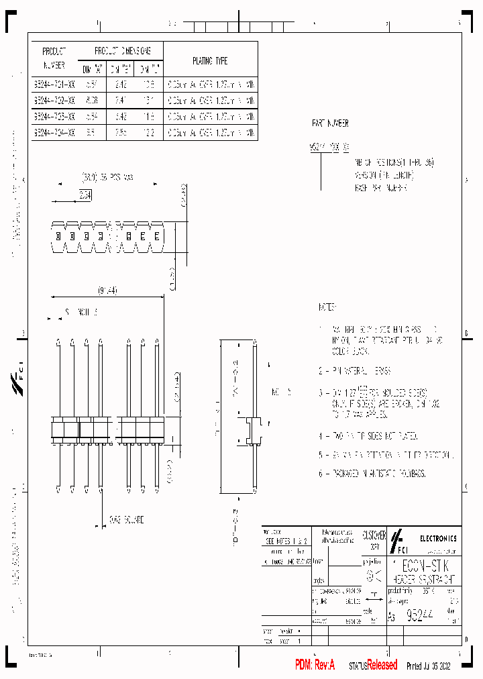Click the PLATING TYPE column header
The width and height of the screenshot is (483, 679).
pyautogui.click(x=210, y=61)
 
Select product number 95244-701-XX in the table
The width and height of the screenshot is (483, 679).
pyautogui.click(x=54, y=85)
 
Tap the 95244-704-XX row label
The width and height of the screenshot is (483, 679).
pyautogui.click(x=54, y=133)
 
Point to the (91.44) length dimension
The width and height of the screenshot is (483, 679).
pyautogui.click(x=107, y=291)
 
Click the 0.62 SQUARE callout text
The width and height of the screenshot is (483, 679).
pyautogui.click(x=126, y=520)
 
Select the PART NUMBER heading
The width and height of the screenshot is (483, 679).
pyautogui.click(x=330, y=124)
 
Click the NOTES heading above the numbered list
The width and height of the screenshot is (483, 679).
pyautogui.click(x=328, y=307)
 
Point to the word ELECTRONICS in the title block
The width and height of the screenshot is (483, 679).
pyautogui.click(x=438, y=538)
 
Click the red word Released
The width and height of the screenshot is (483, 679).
pyautogui.click(x=382, y=665)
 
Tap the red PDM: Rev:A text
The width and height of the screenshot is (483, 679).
pyautogui.click(x=315, y=665)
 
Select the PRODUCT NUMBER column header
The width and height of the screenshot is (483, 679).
pyautogui.click(x=54, y=58)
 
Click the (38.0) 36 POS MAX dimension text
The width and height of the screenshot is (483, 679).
pyautogui.click(x=107, y=178)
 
